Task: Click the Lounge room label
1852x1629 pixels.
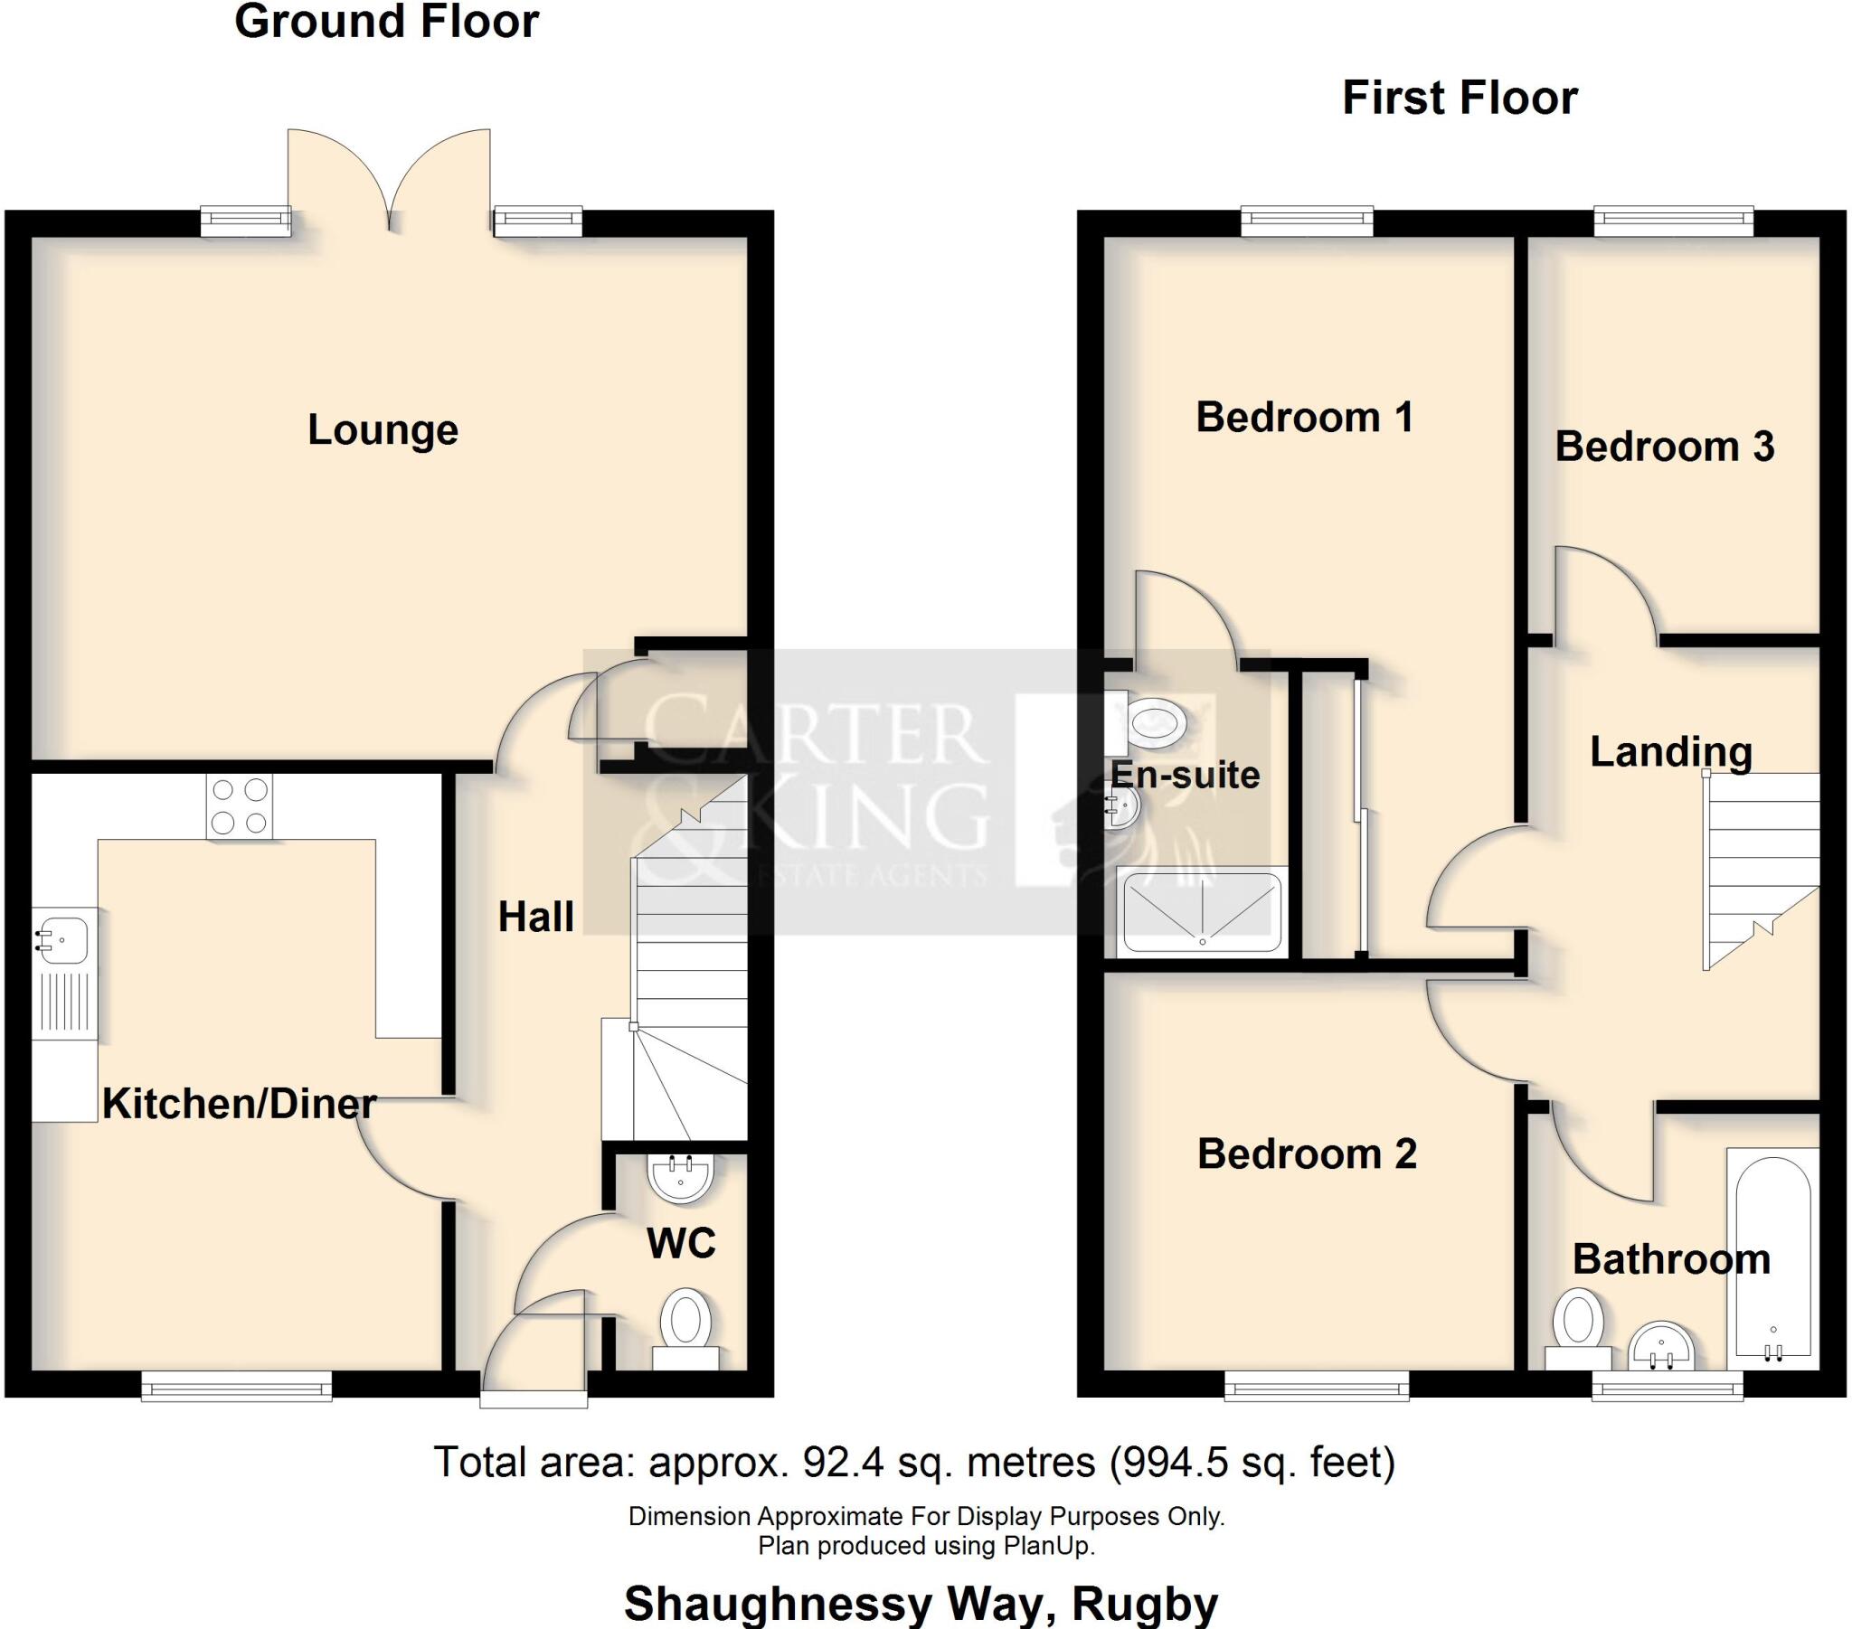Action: pyautogui.click(x=383, y=430)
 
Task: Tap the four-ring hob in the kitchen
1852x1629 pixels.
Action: pyautogui.click(x=240, y=806)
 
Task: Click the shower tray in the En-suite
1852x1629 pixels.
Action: pyautogui.click(x=1203, y=912)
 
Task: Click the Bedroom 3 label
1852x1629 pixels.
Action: pyautogui.click(x=1665, y=447)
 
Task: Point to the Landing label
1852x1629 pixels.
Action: pyautogui.click(x=1671, y=752)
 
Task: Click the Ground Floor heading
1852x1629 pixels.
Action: pyautogui.click(x=386, y=22)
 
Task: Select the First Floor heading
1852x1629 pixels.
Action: pyautogui.click(x=1460, y=98)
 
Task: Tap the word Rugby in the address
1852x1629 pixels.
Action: pyautogui.click(x=1145, y=1605)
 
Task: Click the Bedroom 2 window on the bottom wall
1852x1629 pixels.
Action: pyautogui.click(x=1317, y=1387)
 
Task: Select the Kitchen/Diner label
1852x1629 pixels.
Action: pyautogui.click(x=240, y=1104)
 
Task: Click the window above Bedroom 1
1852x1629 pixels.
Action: pyautogui.click(x=1307, y=221)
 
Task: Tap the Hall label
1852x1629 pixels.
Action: pyautogui.click(x=535, y=918)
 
